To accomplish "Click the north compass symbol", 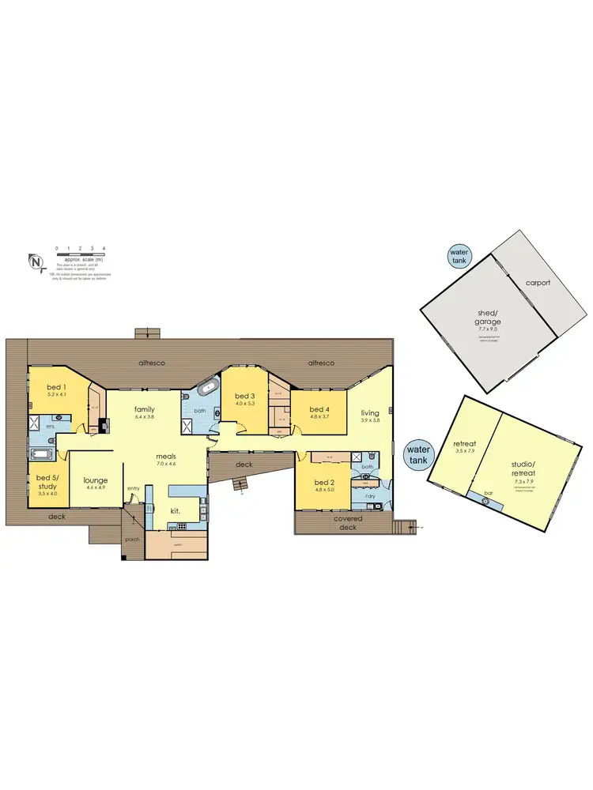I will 35,261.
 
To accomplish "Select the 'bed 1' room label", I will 55,387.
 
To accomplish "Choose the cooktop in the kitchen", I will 203,512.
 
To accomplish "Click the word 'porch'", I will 132,540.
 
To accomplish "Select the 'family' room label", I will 144,409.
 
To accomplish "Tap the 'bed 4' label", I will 318,409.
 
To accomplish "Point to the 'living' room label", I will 370,413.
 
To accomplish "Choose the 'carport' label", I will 538,282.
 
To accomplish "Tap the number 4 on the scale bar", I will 104,249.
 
